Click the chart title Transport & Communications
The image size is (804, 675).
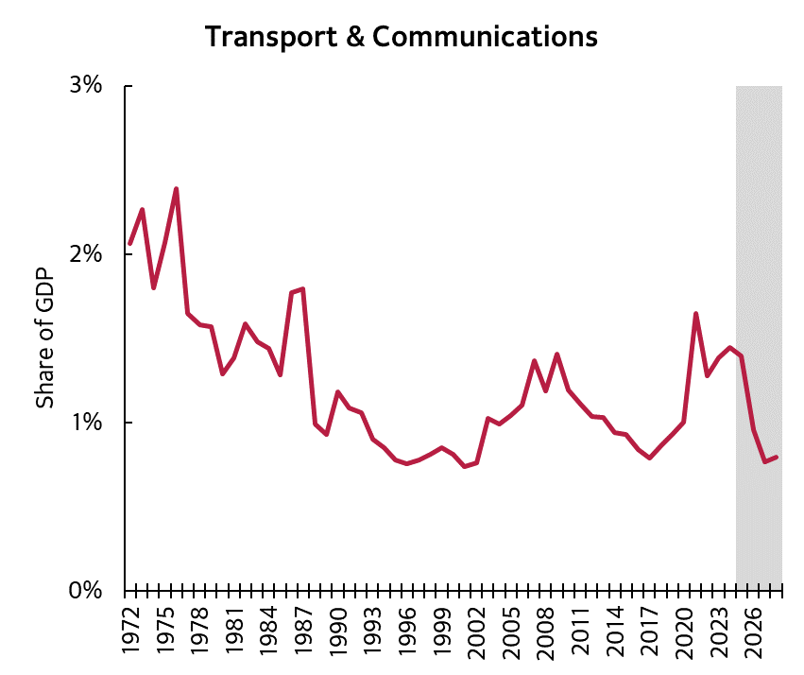coord(401,37)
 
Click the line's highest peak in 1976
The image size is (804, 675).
coord(176,189)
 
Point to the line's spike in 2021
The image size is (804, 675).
coord(695,314)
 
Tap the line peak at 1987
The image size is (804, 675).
coord(302,288)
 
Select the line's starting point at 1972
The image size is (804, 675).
coord(129,244)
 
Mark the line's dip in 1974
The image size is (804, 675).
coord(153,287)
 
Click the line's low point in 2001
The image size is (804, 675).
coord(465,466)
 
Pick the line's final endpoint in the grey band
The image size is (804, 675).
coord(776,458)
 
